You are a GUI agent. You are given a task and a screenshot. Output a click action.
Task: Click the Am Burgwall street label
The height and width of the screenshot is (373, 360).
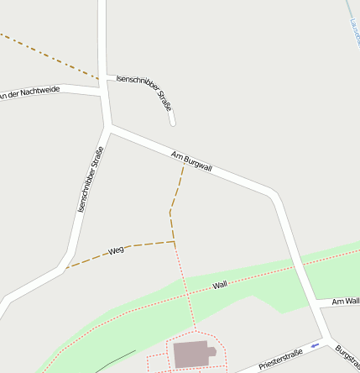(191, 161)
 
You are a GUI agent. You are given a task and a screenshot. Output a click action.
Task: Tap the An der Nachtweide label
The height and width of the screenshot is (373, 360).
(29, 91)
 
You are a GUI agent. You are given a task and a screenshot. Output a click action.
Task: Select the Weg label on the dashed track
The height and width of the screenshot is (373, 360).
(117, 250)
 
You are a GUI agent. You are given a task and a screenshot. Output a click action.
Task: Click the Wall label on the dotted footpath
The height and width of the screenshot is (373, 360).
(220, 285)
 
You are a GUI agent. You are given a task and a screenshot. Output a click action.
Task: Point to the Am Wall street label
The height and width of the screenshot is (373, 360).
(345, 301)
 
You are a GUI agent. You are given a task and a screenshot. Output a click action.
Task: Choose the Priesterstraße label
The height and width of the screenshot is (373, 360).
(280, 360)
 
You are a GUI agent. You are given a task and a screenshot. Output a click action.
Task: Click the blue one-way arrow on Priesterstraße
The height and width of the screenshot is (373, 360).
(315, 345)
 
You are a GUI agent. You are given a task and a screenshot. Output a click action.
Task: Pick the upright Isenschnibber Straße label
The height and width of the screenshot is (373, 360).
(90, 178)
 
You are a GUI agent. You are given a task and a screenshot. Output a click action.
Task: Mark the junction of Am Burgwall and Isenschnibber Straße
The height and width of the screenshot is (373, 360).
(110, 128)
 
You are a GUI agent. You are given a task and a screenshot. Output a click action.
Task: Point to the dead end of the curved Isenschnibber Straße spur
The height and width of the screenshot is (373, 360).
(173, 123)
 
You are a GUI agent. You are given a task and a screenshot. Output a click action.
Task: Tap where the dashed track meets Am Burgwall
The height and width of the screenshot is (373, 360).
(184, 164)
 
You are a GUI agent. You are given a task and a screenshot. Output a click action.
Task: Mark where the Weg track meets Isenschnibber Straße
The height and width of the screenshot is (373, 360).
(65, 269)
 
